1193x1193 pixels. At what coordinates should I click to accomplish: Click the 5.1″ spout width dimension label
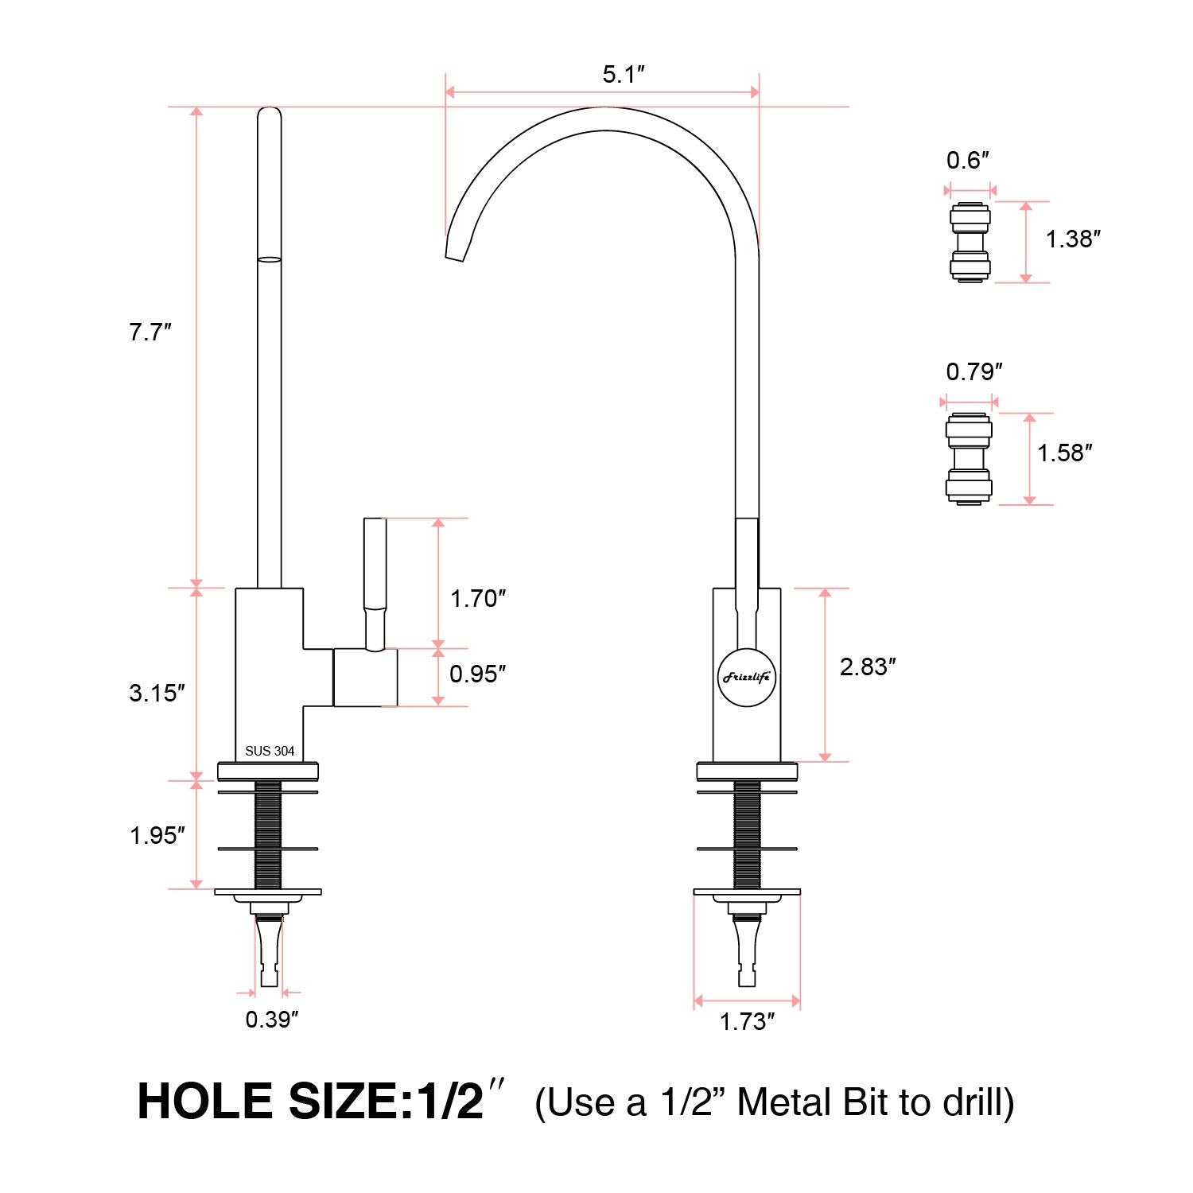click(x=623, y=75)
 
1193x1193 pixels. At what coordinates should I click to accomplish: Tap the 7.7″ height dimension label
click(x=150, y=332)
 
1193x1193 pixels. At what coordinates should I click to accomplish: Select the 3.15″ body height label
click(x=157, y=693)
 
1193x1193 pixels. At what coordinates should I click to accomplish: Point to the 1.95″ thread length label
click(x=157, y=835)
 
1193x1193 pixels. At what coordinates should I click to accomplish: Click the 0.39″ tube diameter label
click(x=271, y=1020)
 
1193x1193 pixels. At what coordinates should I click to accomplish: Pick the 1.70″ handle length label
click(x=478, y=599)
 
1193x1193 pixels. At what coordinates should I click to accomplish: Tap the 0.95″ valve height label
click(x=478, y=674)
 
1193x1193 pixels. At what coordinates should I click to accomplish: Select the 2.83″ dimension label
click(x=868, y=666)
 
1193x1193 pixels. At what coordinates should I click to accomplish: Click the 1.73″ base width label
click(x=747, y=1022)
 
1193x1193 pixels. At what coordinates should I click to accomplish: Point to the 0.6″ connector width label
click(x=967, y=161)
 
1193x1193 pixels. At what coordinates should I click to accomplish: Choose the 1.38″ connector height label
click(x=1073, y=239)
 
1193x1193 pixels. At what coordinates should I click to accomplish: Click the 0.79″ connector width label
click(x=973, y=372)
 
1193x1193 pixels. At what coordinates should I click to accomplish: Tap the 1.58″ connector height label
click(x=1064, y=453)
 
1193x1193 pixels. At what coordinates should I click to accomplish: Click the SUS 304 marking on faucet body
click(x=270, y=751)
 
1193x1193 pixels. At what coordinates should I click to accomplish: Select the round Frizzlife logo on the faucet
click(x=747, y=678)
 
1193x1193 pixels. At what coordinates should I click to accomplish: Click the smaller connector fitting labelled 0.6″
click(x=970, y=243)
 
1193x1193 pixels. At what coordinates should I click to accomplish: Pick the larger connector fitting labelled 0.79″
click(x=969, y=459)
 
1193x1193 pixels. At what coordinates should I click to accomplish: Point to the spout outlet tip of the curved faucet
click(x=454, y=253)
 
